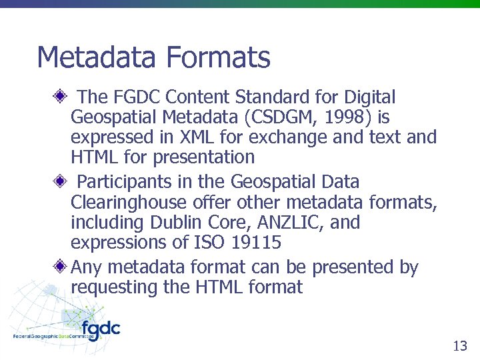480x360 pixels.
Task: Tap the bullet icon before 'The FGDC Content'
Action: pos(60,97)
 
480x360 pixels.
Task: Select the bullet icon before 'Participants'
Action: pos(60,181)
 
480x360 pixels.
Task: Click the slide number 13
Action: pos(460,345)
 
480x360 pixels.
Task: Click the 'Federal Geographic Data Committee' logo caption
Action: pos(53,337)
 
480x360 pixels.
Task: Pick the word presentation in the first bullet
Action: pos(204,157)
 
